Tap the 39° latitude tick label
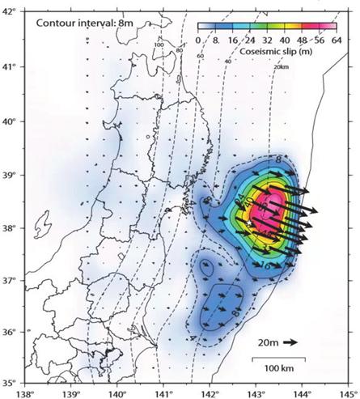tap(10, 174)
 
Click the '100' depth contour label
tap(159, 45)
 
